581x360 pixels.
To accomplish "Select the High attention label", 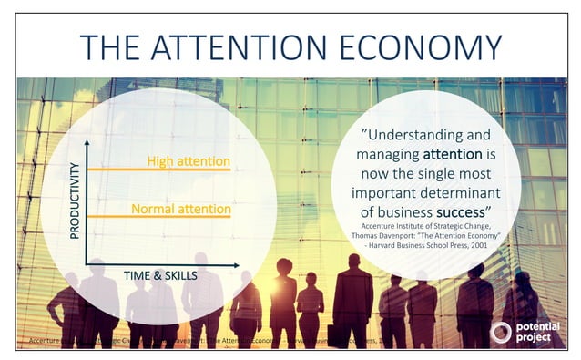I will coord(189,162).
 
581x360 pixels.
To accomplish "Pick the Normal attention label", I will coord(180,209).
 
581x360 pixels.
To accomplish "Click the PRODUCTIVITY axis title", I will coord(76,201).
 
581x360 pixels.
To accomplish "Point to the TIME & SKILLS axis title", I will coord(160,273).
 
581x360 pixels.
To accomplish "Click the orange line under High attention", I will coord(159,170).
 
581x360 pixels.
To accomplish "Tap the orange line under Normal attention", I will coord(159,217).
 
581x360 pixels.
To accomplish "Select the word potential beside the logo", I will coord(537,326).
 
